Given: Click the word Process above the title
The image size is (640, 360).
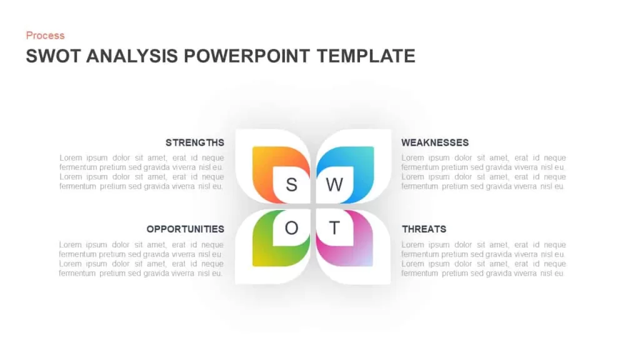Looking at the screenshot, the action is coord(45,36).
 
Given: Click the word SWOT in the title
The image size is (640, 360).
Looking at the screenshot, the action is coord(54,56).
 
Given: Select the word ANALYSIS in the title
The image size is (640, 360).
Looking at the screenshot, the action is coord(132,56).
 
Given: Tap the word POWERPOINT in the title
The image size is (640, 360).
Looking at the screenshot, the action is coord(247,56).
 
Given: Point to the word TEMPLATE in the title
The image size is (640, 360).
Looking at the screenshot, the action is coord(366,56).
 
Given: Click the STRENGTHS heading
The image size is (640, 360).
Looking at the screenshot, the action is coord(195,142).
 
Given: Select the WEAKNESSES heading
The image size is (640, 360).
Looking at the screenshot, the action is coord(435,142).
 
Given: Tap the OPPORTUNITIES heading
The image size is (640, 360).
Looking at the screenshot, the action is coord(185,229).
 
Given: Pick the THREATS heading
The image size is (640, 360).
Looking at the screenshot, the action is coord(424,229).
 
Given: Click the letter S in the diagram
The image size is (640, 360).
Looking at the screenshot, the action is coord(291,185).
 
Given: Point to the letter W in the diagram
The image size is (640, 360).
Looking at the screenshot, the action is coord(334,185).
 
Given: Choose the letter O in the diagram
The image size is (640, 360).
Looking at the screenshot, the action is coord(291,227).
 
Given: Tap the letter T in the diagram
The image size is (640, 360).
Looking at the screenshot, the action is coord(334,227).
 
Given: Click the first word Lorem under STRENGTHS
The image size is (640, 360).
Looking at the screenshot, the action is coord(71,158).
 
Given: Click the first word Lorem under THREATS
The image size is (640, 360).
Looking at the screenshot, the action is coord(412,245).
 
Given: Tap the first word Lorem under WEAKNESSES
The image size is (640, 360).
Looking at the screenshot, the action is coord(412,158).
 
